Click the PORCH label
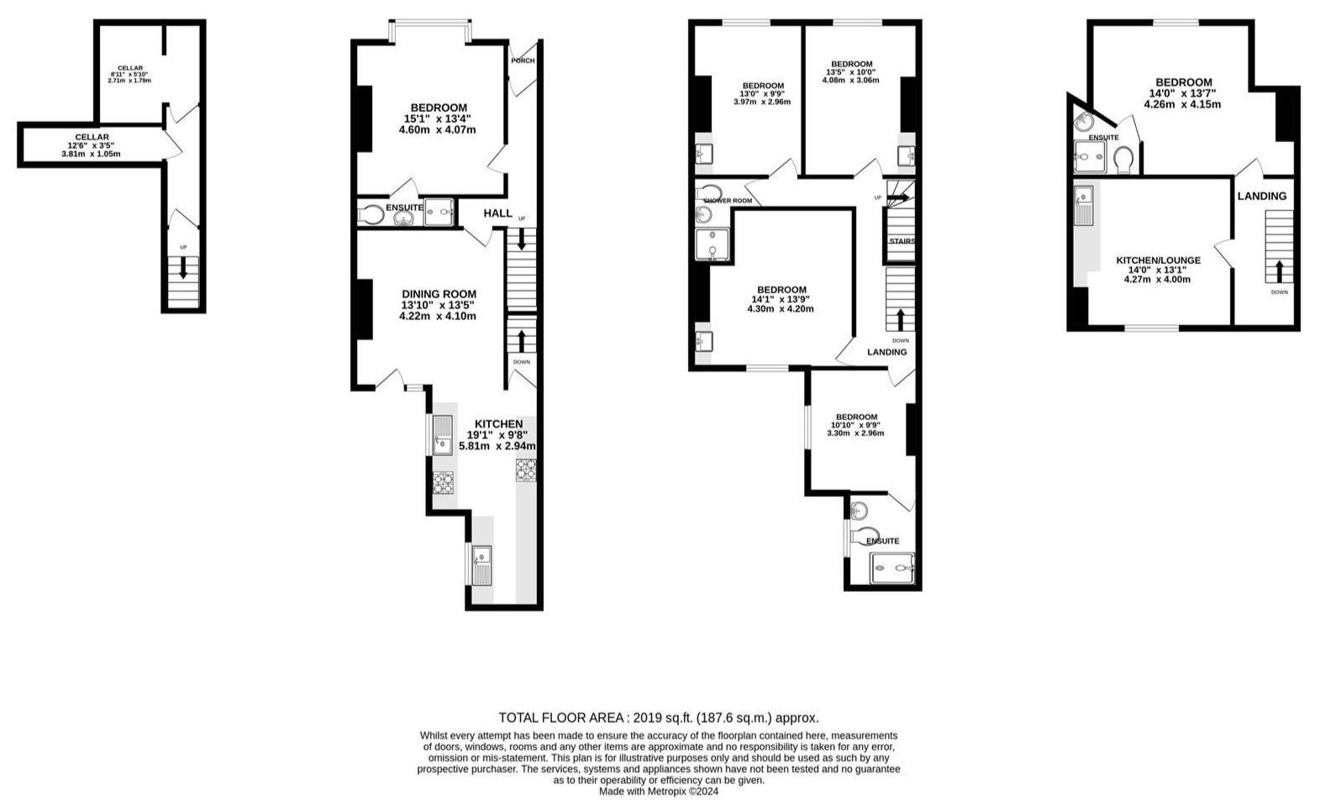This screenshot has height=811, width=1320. point(523,61)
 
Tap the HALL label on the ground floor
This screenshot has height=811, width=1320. point(498,213)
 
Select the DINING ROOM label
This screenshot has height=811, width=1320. point(439,293)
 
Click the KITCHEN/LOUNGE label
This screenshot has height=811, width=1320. point(1158,260)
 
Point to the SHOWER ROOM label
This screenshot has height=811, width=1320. point(728,200)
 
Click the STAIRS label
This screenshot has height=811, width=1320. point(902,241)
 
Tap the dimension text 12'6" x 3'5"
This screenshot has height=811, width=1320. point(92,145)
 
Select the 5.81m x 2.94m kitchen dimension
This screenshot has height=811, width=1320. point(497,446)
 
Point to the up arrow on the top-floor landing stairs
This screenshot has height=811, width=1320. point(1279,271)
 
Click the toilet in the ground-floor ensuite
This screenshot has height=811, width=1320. point(371,215)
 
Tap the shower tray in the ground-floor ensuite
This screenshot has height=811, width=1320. point(439,212)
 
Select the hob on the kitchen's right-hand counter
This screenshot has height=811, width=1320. point(526,471)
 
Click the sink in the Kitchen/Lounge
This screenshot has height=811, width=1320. point(1084,205)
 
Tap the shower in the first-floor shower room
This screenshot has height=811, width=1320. point(712,245)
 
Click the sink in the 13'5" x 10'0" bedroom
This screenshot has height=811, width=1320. point(907,156)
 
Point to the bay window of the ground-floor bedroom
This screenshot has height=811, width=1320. point(430,24)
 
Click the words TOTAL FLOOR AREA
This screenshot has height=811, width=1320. point(560,717)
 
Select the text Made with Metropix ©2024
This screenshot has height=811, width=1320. point(659,792)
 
